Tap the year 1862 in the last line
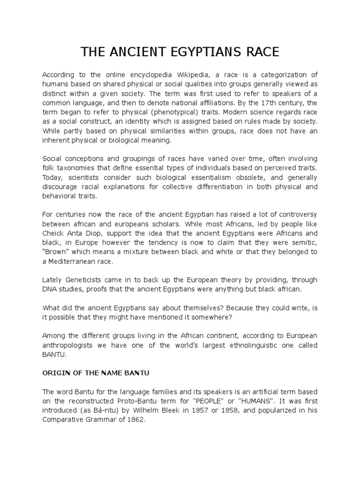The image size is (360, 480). (x=135, y=420)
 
